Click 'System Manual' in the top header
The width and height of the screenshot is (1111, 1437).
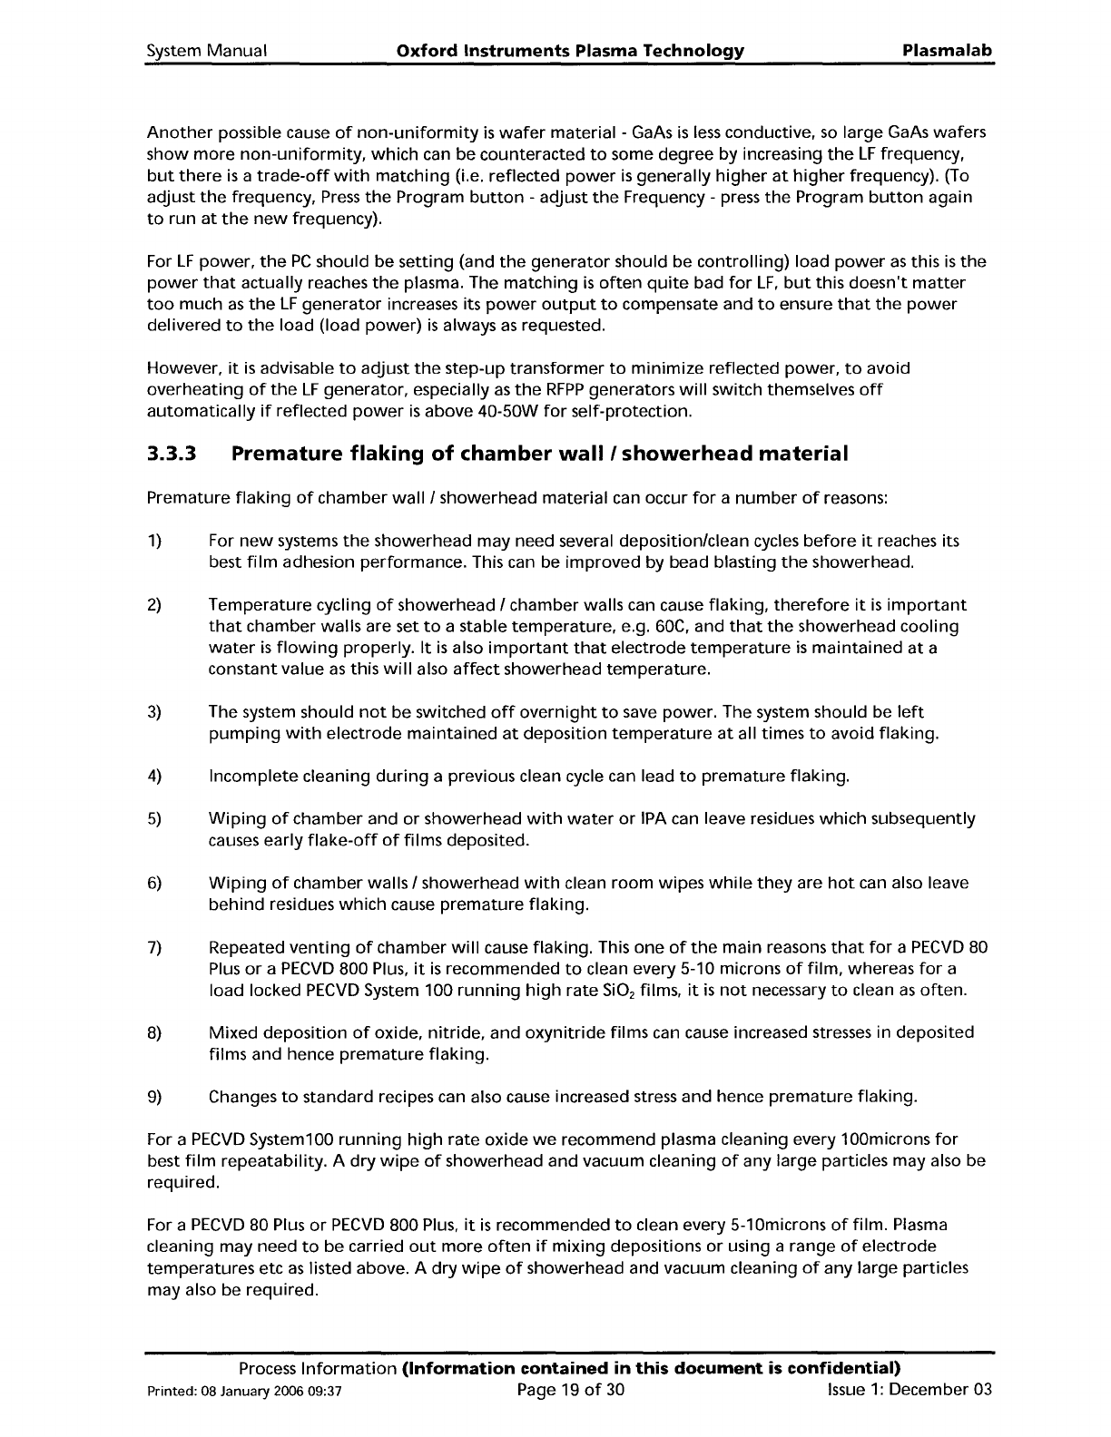pyautogui.click(x=206, y=51)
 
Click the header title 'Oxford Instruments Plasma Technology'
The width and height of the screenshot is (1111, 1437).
pyautogui.click(x=571, y=51)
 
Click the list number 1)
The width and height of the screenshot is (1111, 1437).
pyautogui.click(x=154, y=541)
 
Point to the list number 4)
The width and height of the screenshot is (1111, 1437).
pyautogui.click(x=154, y=777)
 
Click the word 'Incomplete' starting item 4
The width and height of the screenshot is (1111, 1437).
pyautogui.click(x=250, y=777)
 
